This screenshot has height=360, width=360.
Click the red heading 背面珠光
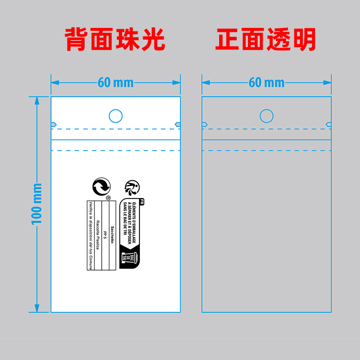click(x=115, y=40)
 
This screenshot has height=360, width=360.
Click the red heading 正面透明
click(x=266, y=40)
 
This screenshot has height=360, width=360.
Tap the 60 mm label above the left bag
click(x=115, y=82)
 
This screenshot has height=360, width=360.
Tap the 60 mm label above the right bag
click(x=266, y=82)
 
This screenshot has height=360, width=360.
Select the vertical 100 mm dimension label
click(x=36, y=204)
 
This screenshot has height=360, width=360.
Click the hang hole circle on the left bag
click(x=116, y=116)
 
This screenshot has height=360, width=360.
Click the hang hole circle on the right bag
click(x=267, y=116)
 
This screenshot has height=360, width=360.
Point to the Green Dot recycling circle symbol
click(x=101, y=186)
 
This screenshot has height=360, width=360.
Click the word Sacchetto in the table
click(x=112, y=234)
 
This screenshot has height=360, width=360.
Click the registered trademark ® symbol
click(x=108, y=197)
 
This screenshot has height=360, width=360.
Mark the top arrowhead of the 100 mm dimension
click(x=36, y=99)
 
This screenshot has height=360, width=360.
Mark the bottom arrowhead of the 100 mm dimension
click(x=36, y=309)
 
